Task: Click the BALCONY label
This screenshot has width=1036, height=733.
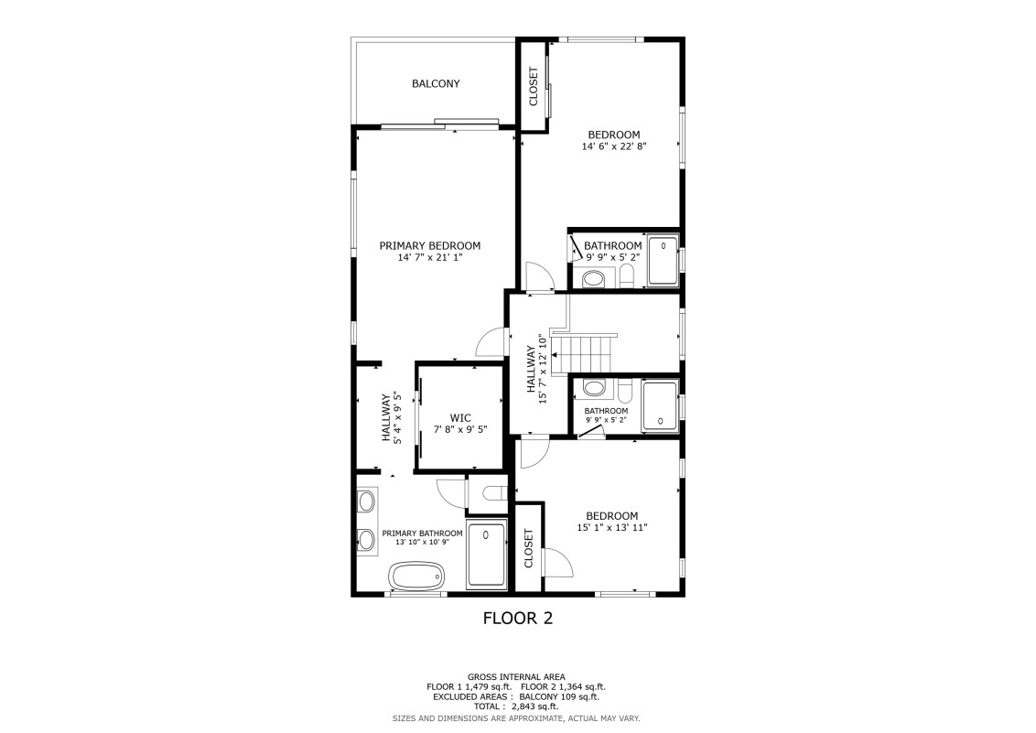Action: pyautogui.click(x=436, y=84)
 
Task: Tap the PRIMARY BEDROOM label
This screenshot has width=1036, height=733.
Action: pyautogui.click(x=430, y=245)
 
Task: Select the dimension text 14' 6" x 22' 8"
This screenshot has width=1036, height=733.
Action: pyautogui.click(x=614, y=146)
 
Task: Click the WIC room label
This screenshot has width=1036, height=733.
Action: pyautogui.click(x=460, y=418)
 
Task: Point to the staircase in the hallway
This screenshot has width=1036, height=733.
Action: pyautogui.click(x=584, y=353)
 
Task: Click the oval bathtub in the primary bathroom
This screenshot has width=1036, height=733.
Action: pyautogui.click(x=417, y=576)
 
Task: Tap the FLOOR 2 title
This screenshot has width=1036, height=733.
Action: pyautogui.click(x=518, y=618)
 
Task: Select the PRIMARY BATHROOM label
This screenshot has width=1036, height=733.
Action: pyautogui.click(x=422, y=534)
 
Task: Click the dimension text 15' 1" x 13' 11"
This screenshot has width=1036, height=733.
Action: pyautogui.click(x=612, y=528)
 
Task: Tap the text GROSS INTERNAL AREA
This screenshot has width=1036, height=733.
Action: pyautogui.click(x=517, y=677)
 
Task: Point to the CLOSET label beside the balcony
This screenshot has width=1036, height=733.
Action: pyautogui.click(x=534, y=87)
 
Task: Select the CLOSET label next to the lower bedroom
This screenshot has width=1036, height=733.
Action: pyautogui.click(x=529, y=548)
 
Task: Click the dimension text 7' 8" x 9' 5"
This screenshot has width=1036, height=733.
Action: pyautogui.click(x=460, y=429)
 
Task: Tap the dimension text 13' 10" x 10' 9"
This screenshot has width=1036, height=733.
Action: pyautogui.click(x=422, y=542)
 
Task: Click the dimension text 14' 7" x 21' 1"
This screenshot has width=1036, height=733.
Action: pyautogui.click(x=430, y=257)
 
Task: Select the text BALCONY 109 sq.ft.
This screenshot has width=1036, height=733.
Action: pyautogui.click(x=559, y=696)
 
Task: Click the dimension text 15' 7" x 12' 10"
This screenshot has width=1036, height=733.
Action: pyautogui.click(x=543, y=369)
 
